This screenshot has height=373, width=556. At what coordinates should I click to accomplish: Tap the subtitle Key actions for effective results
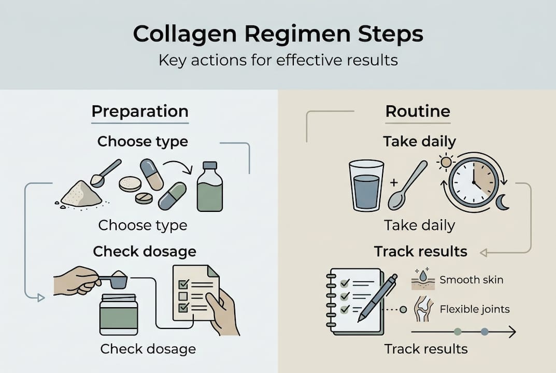click(x=278, y=60)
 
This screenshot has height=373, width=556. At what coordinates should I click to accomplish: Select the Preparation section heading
click(x=139, y=111)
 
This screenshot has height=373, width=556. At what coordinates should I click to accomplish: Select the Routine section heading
click(x=418, y=111)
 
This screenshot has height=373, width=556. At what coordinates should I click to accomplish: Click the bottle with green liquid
click(x=210, y=188)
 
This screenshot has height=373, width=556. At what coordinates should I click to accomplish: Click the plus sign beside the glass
click(x=393, y=182)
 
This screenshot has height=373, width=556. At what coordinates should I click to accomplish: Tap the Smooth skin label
click(x=471, y=280)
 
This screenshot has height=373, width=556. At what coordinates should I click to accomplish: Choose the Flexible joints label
click(x=474, y=310)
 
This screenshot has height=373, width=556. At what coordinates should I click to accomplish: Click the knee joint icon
click(x=423, y=310)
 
